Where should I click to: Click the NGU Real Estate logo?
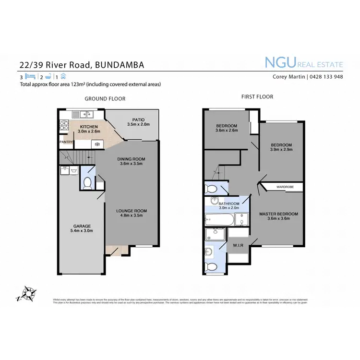(304, 62)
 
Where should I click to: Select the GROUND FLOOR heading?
(105, 99)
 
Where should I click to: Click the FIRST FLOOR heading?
(257, 97)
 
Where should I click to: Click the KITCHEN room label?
(89, 127)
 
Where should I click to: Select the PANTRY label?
(66, 142)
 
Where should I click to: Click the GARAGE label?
(82, 226)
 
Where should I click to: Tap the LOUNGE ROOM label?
(131, 211)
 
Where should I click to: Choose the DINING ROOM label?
(131, 159)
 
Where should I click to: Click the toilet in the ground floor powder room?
(88, 182)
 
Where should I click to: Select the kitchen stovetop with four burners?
(65, 126)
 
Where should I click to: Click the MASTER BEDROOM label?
(279, 214)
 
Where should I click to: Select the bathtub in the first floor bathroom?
(220, 220)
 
